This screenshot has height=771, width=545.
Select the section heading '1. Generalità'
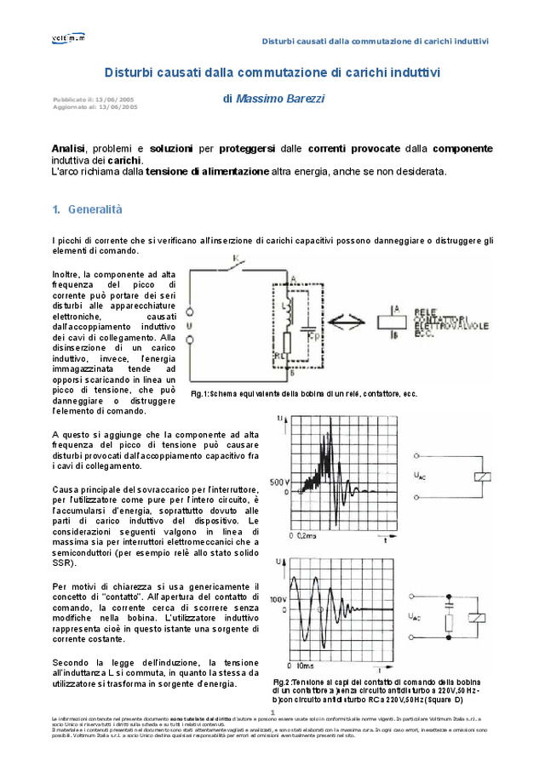[x=88, y=209]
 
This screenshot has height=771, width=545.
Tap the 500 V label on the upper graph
[x=280, y=483]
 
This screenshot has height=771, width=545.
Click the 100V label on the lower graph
[x=279, y=600]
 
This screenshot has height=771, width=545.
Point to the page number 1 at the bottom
[x=272, y=712]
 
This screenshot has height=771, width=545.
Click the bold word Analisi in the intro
[x=68, y=149]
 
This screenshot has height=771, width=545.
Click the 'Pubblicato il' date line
[x=93, y=100]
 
